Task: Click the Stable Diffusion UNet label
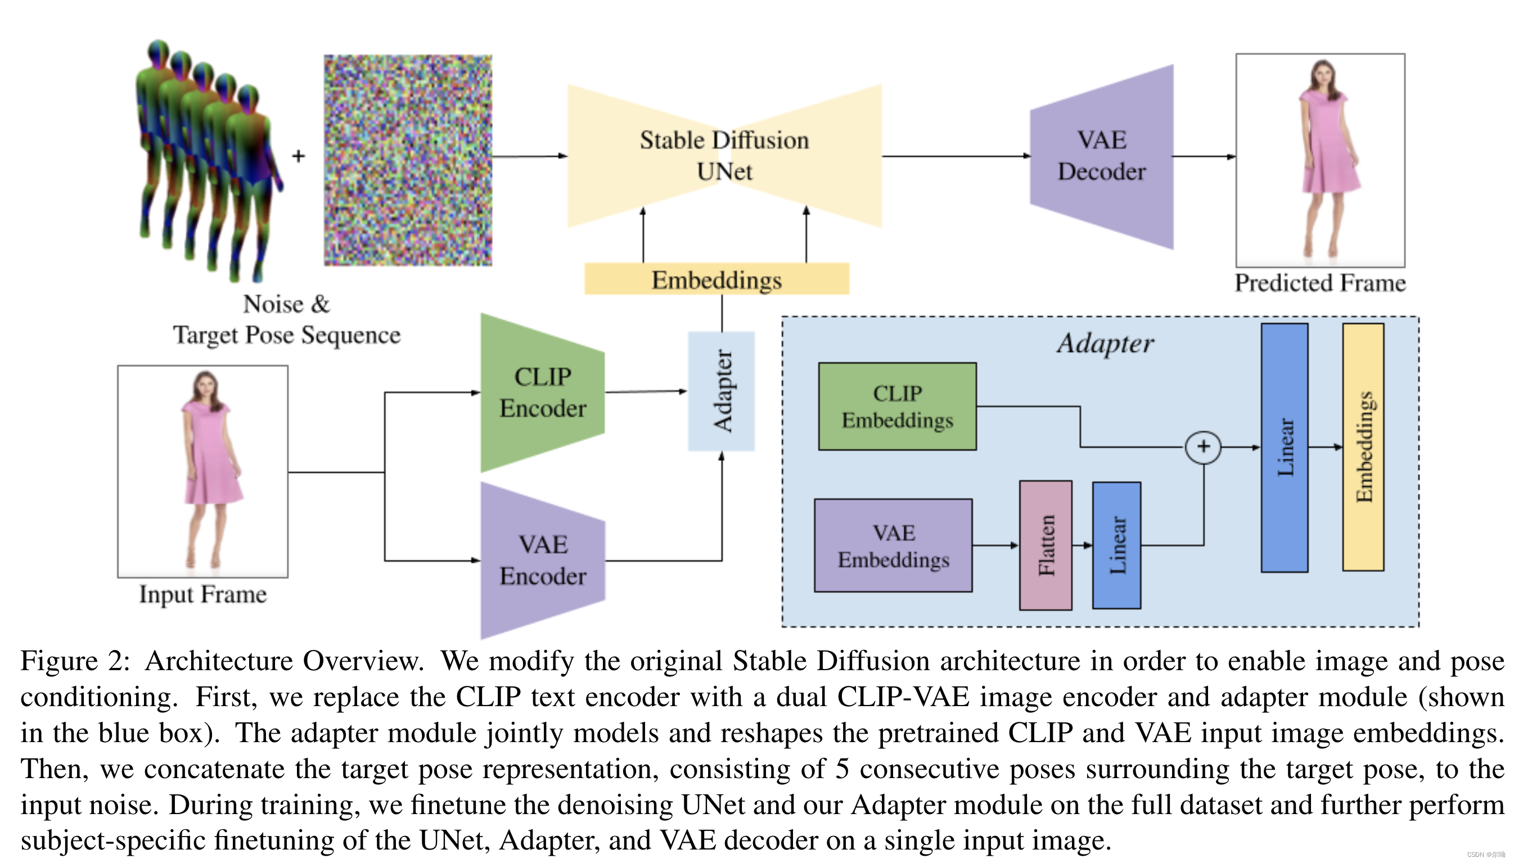724,155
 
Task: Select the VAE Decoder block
1101,156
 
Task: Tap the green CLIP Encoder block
542,392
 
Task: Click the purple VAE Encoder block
542,560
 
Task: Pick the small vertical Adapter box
722,391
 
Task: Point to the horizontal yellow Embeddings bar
716,279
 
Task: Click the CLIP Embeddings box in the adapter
897,406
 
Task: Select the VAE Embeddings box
893,545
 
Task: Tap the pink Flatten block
1045,545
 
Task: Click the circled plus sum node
1203,446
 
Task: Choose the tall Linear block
1284,448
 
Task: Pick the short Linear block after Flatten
1116,545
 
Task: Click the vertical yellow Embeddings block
1363,448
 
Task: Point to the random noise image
408,160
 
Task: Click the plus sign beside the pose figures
299,156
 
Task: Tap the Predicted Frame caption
1319,283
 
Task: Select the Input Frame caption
202,594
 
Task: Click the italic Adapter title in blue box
1105,343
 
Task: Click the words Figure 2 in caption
75,661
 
